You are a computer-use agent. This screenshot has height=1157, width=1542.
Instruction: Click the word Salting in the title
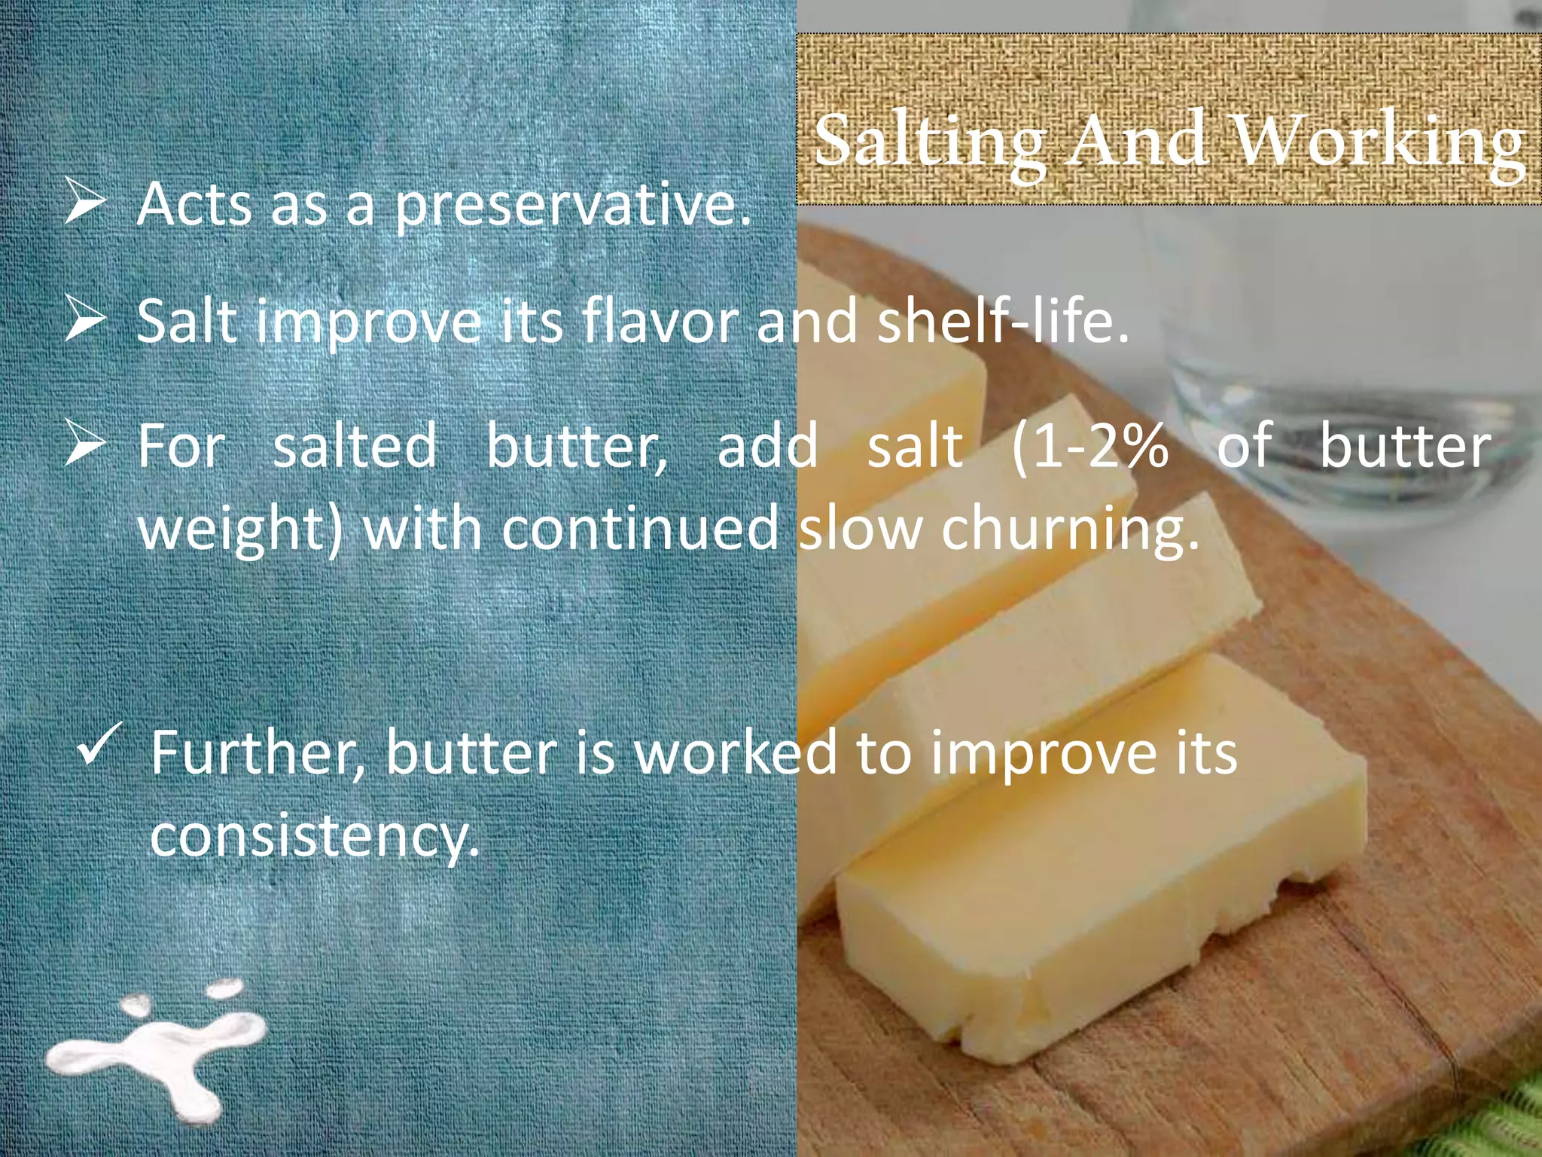click(929, 142)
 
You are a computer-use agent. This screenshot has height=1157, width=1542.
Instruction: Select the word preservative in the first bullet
click(572, 205)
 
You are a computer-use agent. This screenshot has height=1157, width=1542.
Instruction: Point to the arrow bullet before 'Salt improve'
click(84, 318)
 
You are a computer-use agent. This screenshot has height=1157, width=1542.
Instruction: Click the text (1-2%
click(1089, 447)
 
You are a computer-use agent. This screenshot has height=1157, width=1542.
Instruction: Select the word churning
click(1069, 530)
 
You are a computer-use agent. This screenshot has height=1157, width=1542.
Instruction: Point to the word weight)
click(239, 530)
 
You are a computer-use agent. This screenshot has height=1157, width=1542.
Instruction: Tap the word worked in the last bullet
click(735, 753)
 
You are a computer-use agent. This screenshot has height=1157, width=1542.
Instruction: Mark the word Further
click(258, 753)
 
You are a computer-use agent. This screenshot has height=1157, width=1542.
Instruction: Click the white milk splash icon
click(159, 1052)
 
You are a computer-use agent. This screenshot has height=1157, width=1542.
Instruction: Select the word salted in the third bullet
click(354, 447)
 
